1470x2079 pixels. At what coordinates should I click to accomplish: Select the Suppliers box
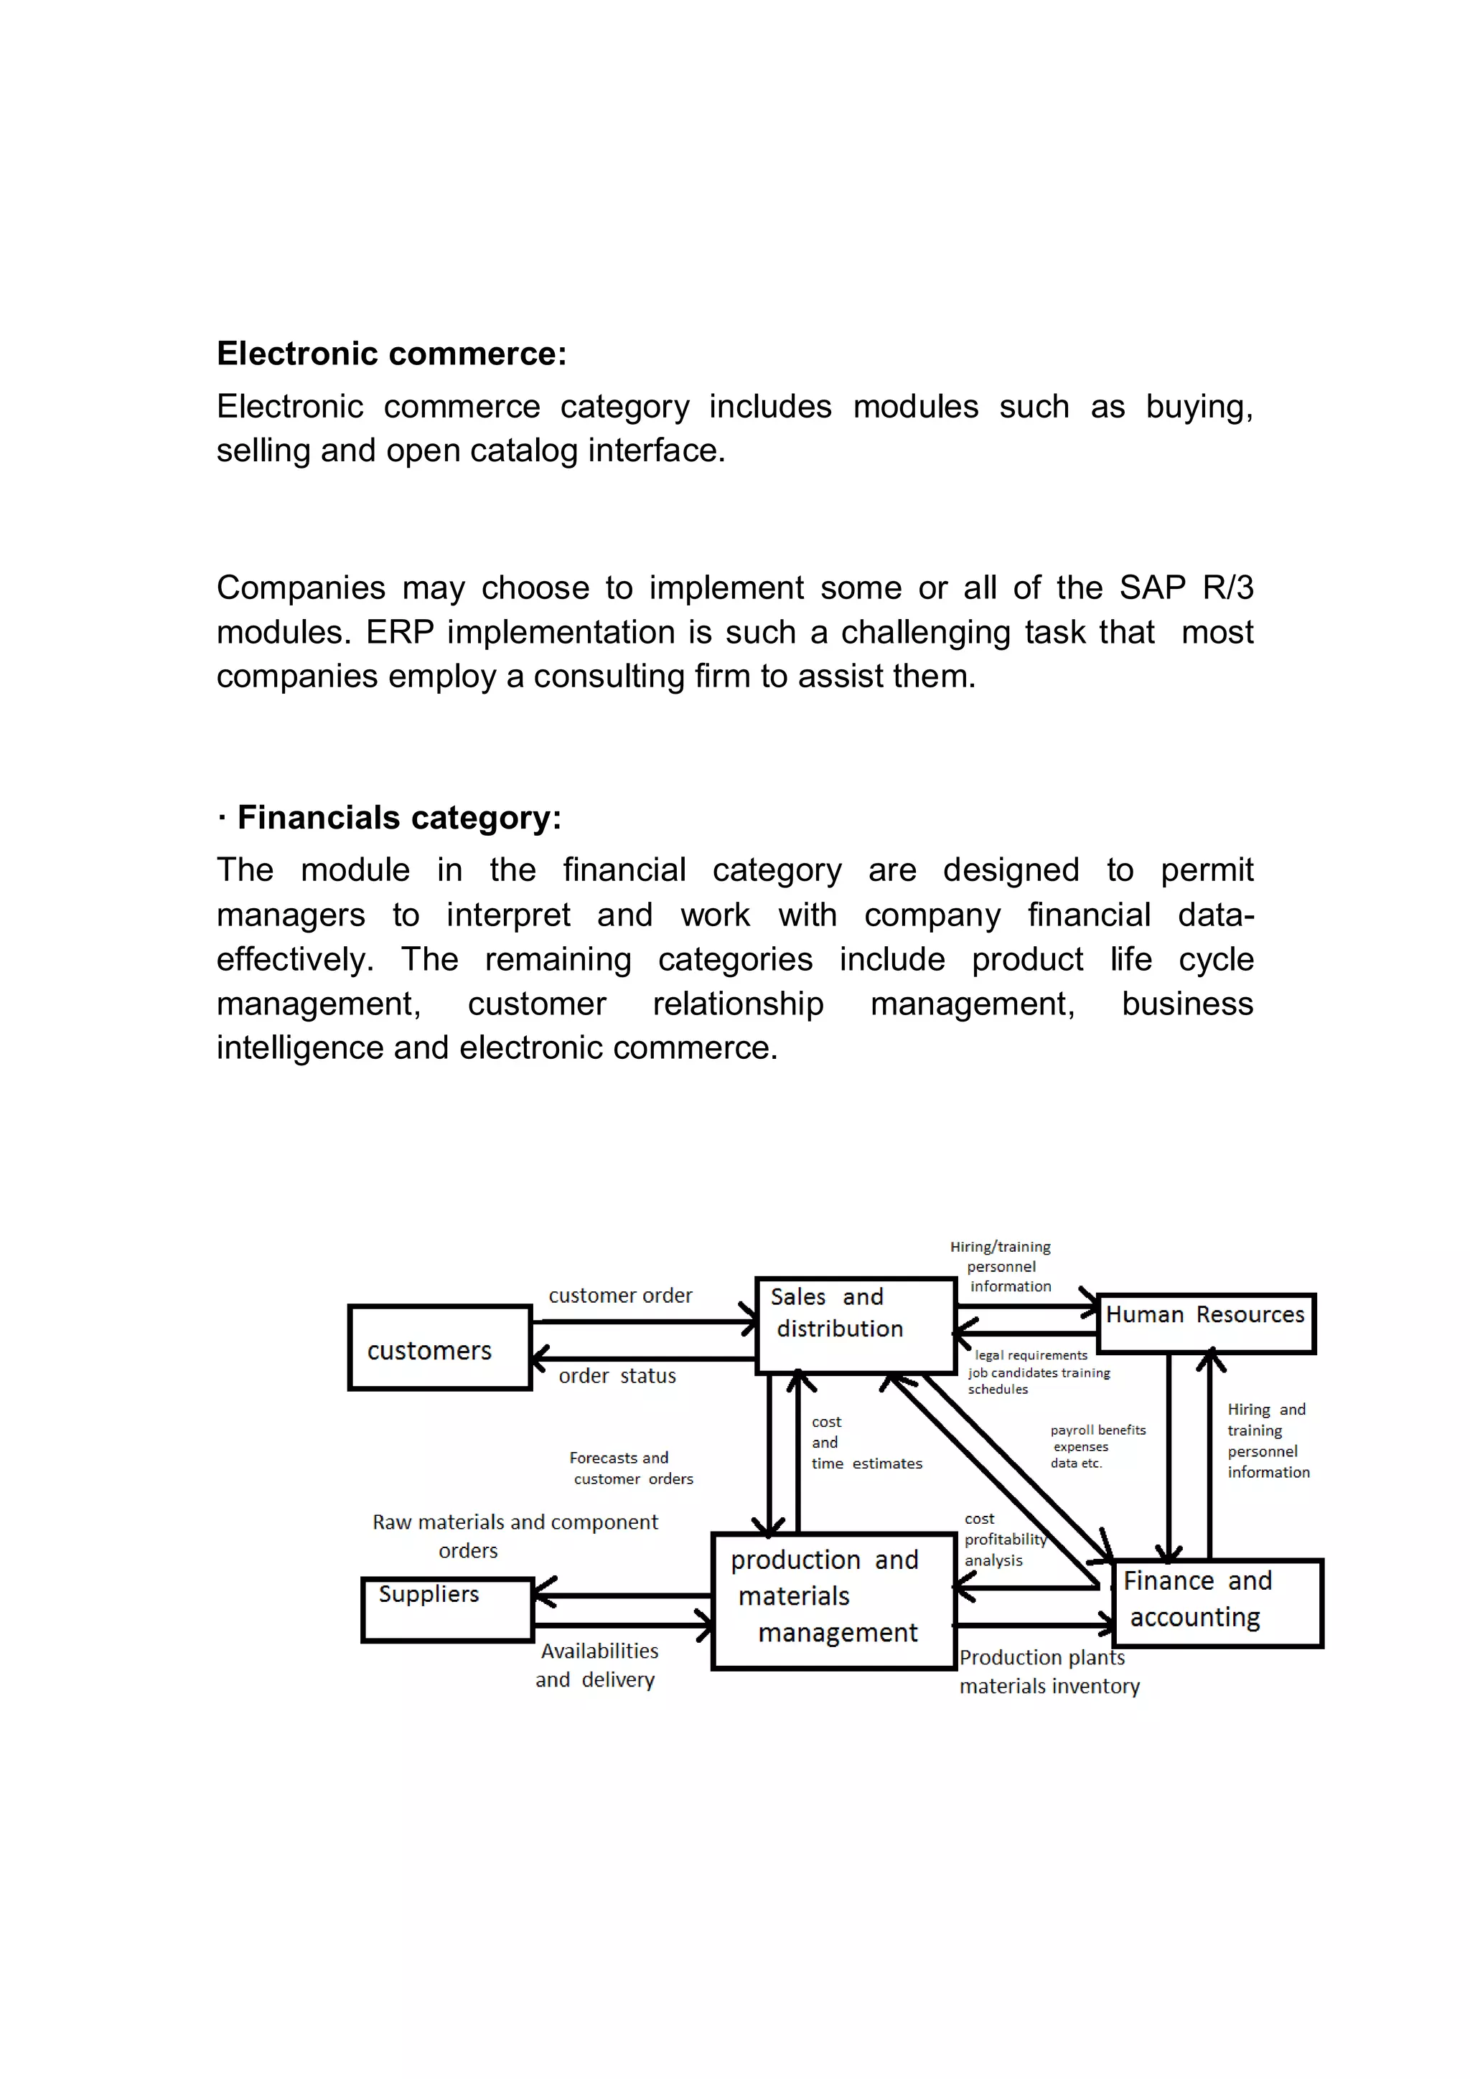point(446,1609)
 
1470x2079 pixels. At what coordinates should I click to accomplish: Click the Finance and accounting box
point(1217,1603)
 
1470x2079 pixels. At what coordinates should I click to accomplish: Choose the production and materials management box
point(833,1600)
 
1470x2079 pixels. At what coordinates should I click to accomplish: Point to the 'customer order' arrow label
point(619,1296)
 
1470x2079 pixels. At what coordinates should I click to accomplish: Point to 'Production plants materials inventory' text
point(1048,1672)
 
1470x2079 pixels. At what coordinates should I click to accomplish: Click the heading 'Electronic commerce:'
point(391,353)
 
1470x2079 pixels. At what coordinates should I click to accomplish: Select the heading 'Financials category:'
point(398,818)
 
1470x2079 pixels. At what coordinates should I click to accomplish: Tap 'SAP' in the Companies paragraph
point(1151,588)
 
